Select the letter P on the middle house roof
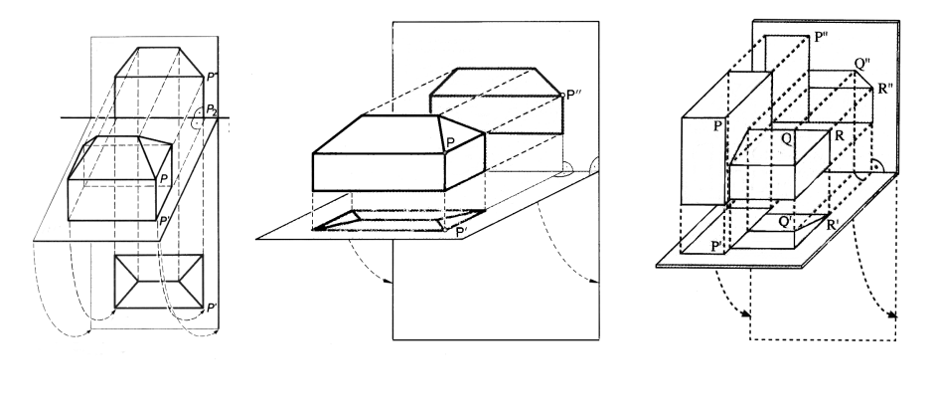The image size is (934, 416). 450,143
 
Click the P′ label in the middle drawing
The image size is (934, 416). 462,233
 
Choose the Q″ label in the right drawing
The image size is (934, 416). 864,63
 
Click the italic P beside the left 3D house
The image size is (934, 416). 162,177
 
